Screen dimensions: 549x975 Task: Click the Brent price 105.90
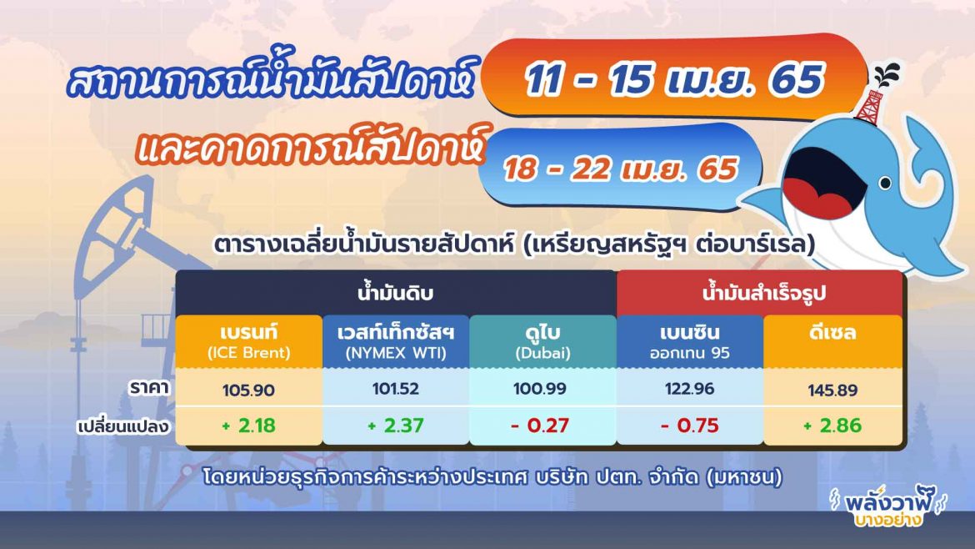pyautogui.click(x=249, y=390)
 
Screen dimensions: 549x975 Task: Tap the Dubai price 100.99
pyautogui.click(x=542, y=390)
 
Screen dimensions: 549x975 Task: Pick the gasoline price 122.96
pyautogui.click(x=689, y=390)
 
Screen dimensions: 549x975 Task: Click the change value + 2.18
pyautogui.click(x=249, y=426)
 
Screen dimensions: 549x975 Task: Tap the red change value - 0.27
pyautogui.click(x=542, y=426)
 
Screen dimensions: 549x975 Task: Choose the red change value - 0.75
pyautogui.click(x=689, y=426)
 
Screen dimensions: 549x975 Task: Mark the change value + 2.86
pyautogui.click(x=833, y=426)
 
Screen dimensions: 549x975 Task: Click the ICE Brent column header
pyautogui.click(x=249, y=342)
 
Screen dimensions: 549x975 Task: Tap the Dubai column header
pyautogui.click(x=542, y=342)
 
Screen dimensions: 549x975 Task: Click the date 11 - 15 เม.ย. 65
pyautogui.click(x=674, y=81)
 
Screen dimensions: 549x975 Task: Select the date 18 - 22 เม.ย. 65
pyautogui.click(x=620, y=169)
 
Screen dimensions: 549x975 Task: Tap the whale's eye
pyautogui.click(x=884, y=182)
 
